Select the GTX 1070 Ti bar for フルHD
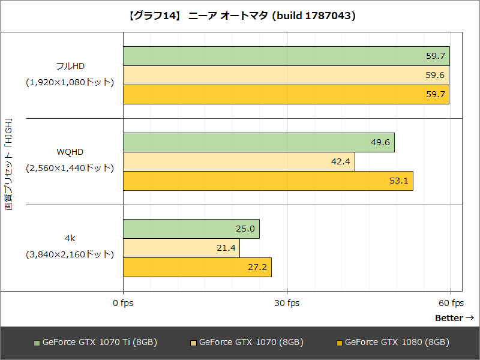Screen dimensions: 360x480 286,56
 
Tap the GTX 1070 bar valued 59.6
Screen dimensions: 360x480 286,76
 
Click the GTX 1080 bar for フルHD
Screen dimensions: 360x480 286,94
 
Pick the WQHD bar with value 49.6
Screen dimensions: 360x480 259,143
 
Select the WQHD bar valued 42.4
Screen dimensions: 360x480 239,162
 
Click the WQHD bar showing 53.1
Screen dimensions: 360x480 268,181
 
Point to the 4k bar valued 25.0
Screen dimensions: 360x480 191,229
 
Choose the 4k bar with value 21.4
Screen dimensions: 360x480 181,248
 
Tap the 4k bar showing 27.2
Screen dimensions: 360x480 197,267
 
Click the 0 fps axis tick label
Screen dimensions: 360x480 123,304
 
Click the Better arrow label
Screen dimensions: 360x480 454,318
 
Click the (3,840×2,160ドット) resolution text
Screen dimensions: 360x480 70,254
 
